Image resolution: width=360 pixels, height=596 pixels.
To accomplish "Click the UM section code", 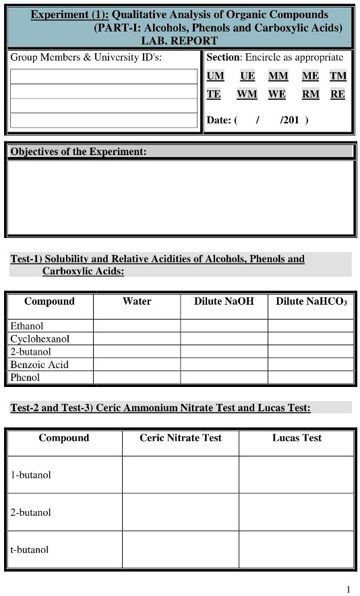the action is click(x=215, y=76).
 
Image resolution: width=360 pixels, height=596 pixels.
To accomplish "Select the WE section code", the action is click(x=277, y=94).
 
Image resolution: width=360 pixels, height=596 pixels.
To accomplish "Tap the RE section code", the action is click(x=338, y=94).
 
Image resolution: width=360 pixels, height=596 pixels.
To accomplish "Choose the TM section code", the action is click(x=338, y=76).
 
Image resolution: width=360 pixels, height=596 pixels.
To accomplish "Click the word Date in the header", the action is click(x=218, y=120).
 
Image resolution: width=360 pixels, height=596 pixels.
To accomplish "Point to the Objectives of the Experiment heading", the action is click(x=78, y=152).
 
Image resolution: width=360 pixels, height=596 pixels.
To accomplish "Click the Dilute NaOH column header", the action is click(x=224, y=301).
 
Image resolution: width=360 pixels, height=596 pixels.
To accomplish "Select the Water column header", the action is click(x=137, y=301).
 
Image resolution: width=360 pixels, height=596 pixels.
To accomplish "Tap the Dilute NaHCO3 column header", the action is click(x=311, y=301).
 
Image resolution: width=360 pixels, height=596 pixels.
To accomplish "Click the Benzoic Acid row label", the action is click(x=39, y=365).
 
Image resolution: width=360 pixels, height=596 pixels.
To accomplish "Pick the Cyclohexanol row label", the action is click(x=40, y=339).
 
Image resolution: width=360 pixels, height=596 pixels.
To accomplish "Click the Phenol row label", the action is click(x=25, y=378).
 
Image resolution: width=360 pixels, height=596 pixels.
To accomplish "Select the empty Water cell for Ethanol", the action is click(x=137, y=326).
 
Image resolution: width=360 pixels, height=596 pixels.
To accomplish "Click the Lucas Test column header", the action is click(x=297, y=438).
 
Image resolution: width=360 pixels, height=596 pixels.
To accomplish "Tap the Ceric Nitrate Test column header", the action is click(x=181, y=438).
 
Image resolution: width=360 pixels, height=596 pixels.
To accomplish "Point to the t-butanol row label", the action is click(x=29, y=549).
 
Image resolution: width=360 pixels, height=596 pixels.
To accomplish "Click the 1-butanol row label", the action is click(x=30, y=475).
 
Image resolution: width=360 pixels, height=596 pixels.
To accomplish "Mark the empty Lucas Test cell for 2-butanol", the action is click(x=297, y=512).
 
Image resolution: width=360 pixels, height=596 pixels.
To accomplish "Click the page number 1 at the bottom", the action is click(x=349, y=590).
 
